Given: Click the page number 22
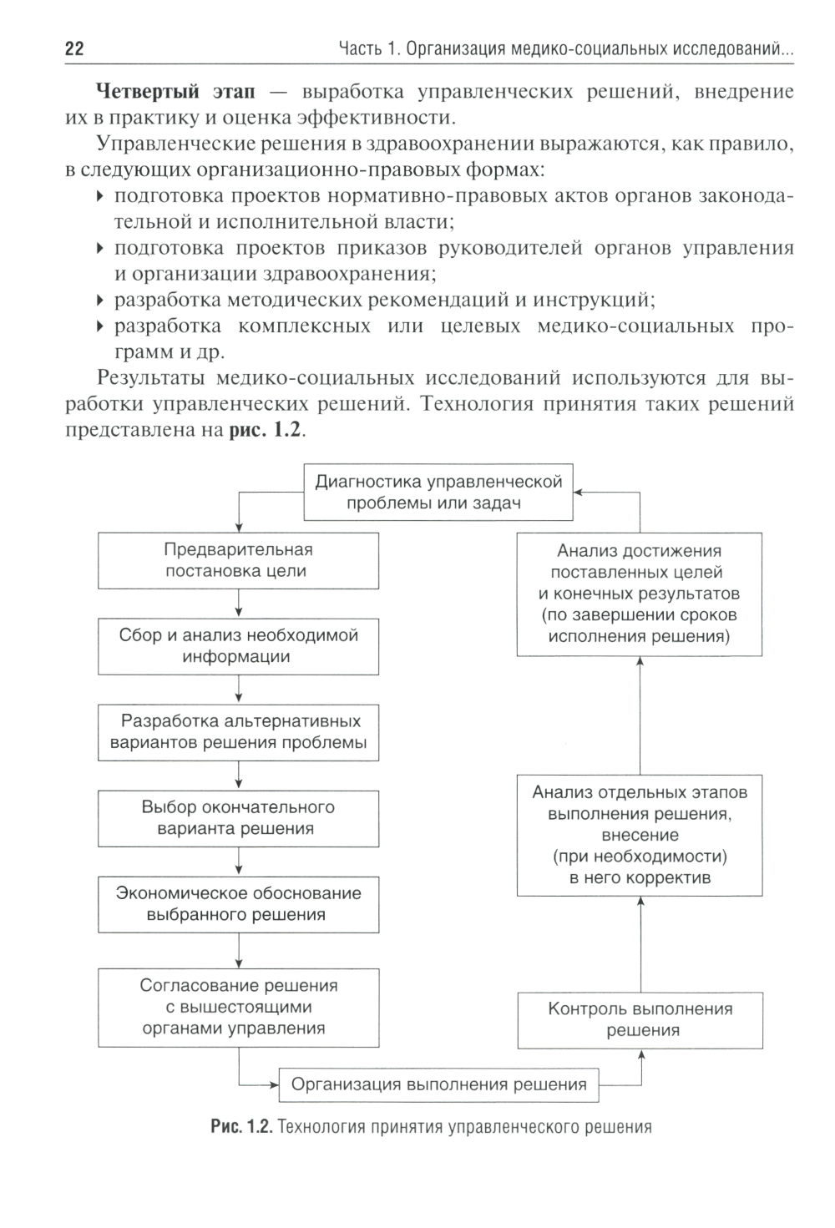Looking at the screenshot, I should click(74, 48).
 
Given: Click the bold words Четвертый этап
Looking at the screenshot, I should click(175, 91).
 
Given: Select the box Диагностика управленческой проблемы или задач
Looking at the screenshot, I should click(438, 493).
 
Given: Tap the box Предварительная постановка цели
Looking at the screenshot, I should click(238, 561).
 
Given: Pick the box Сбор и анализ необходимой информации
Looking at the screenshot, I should click(238, 646).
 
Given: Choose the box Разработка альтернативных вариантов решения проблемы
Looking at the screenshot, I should click(238, 732).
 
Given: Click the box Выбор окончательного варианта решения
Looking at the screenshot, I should click(238, 818).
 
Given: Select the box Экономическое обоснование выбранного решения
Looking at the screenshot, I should click(238, 904).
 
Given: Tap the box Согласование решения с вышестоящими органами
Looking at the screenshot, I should click(238, 1007).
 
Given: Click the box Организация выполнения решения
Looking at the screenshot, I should click(438, 1085).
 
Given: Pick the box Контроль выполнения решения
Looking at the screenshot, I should click(640, 1019).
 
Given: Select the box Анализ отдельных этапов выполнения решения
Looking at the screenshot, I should click(640, 835).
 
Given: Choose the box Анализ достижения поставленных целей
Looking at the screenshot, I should click(640, 594).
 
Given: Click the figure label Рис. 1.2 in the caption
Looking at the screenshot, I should click(241, 1128).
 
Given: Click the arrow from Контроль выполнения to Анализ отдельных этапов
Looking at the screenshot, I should click(640, 943).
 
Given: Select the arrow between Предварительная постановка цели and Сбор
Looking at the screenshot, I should click(240, 603).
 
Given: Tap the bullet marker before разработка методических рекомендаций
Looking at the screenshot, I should click(100, 300).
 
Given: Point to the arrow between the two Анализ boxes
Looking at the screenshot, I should click(640, 715).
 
